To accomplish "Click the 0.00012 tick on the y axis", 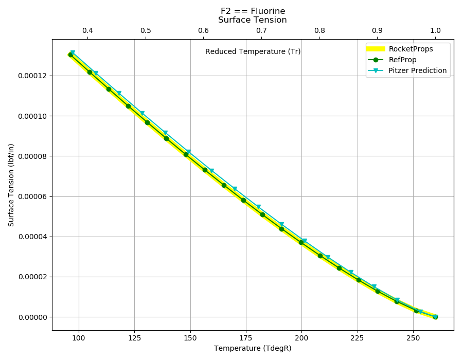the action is pos(32,76).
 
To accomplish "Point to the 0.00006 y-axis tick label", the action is pos(32,196).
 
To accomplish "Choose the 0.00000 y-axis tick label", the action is pos(32,317).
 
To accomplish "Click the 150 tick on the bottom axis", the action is pos(190,338).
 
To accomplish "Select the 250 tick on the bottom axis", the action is pos(413,338).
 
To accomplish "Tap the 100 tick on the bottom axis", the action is pos(79,338).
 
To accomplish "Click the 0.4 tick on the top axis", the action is pos(87,30).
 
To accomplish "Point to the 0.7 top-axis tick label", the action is pos(262,30).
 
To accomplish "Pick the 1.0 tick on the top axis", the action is pos(435,30).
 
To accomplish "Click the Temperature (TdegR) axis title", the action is pos(253,349).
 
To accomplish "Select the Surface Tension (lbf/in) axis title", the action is pos(11,185).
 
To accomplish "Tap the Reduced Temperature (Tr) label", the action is pos(253,51).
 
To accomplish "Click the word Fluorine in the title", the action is pos(268,11).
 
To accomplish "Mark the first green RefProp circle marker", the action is pos(70,55).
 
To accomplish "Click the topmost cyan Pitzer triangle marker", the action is pos(73,52).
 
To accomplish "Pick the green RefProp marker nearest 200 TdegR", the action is pos(301,242).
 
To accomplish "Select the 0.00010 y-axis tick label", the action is pos(32,116).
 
